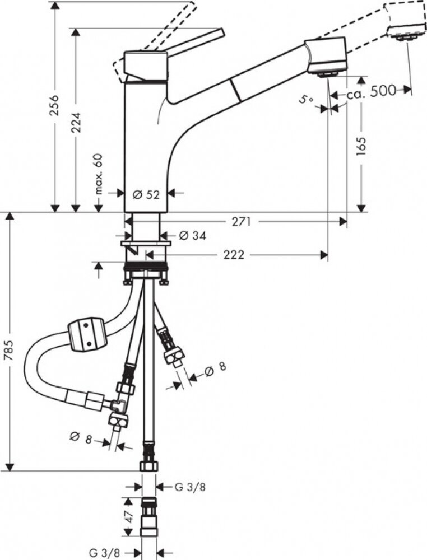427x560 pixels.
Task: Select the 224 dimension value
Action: (x=76, y=123)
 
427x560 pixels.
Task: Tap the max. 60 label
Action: (x=99, y=174)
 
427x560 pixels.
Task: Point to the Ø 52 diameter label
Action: (x=146, y=195)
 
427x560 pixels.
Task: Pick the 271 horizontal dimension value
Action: (x=242, y=222)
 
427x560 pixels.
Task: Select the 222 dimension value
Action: (x=234, y=255)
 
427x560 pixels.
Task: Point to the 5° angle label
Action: (x=306, y=100)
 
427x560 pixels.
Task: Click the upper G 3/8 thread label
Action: (x=190, y=487)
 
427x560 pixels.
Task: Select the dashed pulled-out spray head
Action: (x=405, y=20)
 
